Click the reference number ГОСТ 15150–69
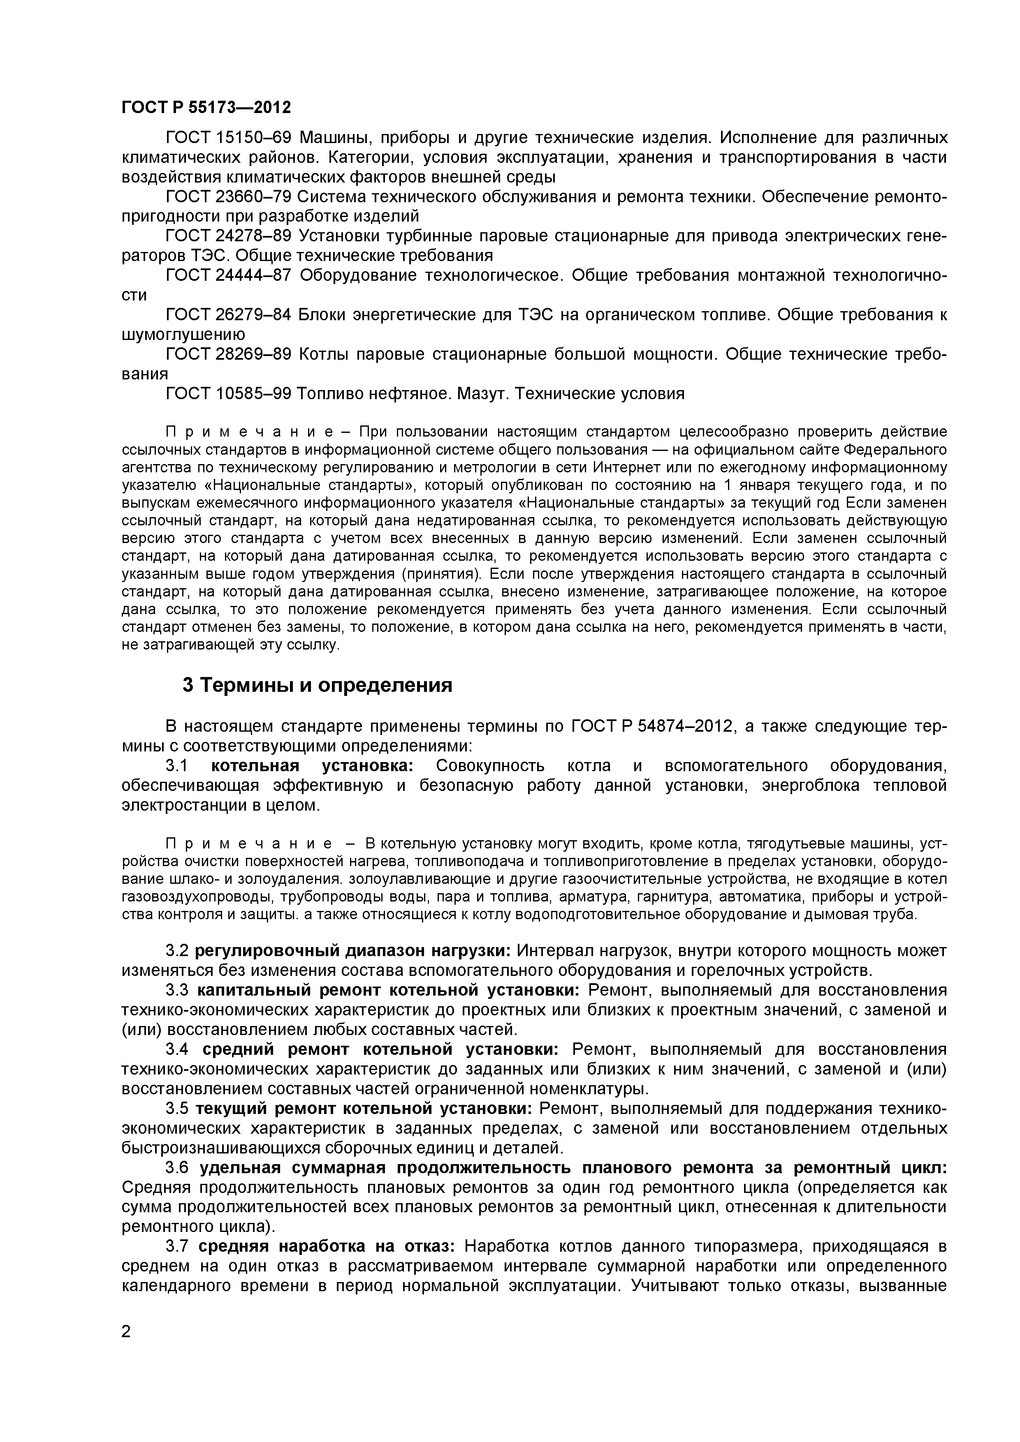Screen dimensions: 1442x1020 pyautogui.click(x=228, y=138)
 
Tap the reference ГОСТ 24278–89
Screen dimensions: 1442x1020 pyautogui.click(x=228, y=236)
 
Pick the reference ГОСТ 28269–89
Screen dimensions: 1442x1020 pyautogui.click(x=228, y=354)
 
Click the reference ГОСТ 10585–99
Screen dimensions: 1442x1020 pyautogui.click(x=228, y=394)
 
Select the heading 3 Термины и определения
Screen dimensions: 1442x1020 pyautogui.click(x=318, y=684)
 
